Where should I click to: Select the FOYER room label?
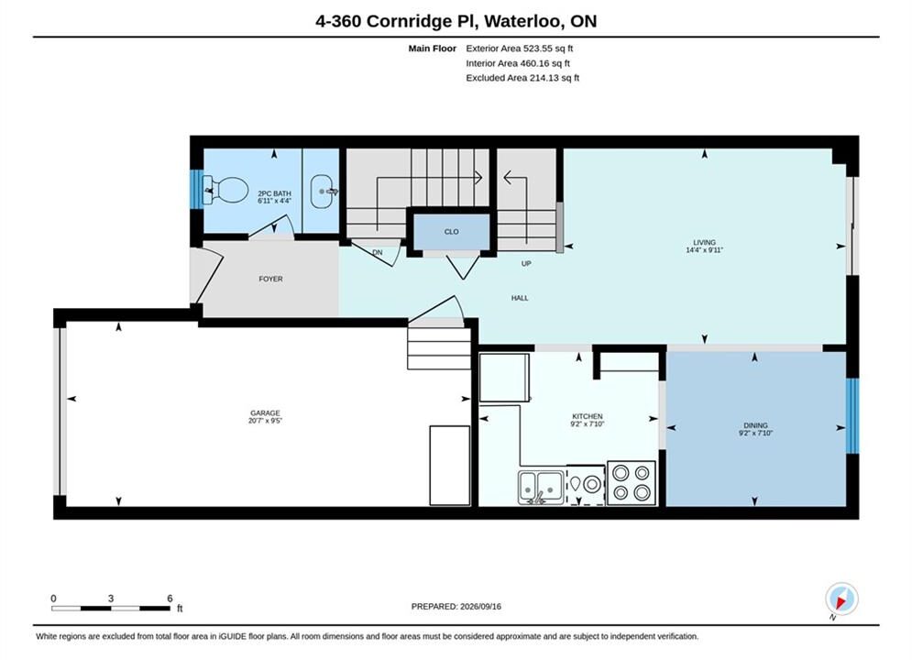tap(270, 279)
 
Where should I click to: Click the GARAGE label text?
tap(265, 412)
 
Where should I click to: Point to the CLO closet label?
tap(451, 231)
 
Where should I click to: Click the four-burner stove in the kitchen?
tap(632, 483)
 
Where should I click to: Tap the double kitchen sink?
tap(541, 488)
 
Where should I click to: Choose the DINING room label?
tap(755, 425)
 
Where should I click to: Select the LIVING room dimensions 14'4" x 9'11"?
tap(704, 250)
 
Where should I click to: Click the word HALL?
tap(520, 298)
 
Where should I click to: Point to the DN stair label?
tap(378, 252)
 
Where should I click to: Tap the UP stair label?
tap(526, 263)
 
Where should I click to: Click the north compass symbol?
tap(841, 599)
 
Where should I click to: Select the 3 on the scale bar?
tap(111, 599)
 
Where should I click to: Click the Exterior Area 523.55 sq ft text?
tap(520, 49)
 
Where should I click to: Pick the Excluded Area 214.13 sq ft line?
tap(522, 77)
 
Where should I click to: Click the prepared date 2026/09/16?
tap(480, 607)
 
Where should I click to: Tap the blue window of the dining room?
tap(852, 416)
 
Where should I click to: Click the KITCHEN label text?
tap(588, 416)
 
